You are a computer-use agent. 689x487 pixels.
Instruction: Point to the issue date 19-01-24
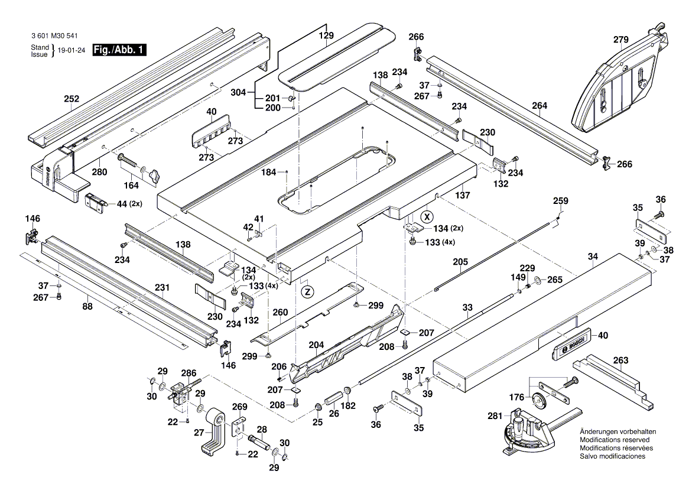coord(71,51)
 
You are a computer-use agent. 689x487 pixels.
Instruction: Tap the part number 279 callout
coord(620,40)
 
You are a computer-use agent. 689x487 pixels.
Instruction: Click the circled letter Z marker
coord(307,291)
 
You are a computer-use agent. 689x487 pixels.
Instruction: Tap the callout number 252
coord(71,99)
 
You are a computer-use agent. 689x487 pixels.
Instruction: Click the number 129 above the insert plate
coord(327,35)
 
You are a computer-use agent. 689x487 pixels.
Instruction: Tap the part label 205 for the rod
coord(460,261)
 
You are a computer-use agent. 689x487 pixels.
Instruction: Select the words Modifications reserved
coord(615,440)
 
